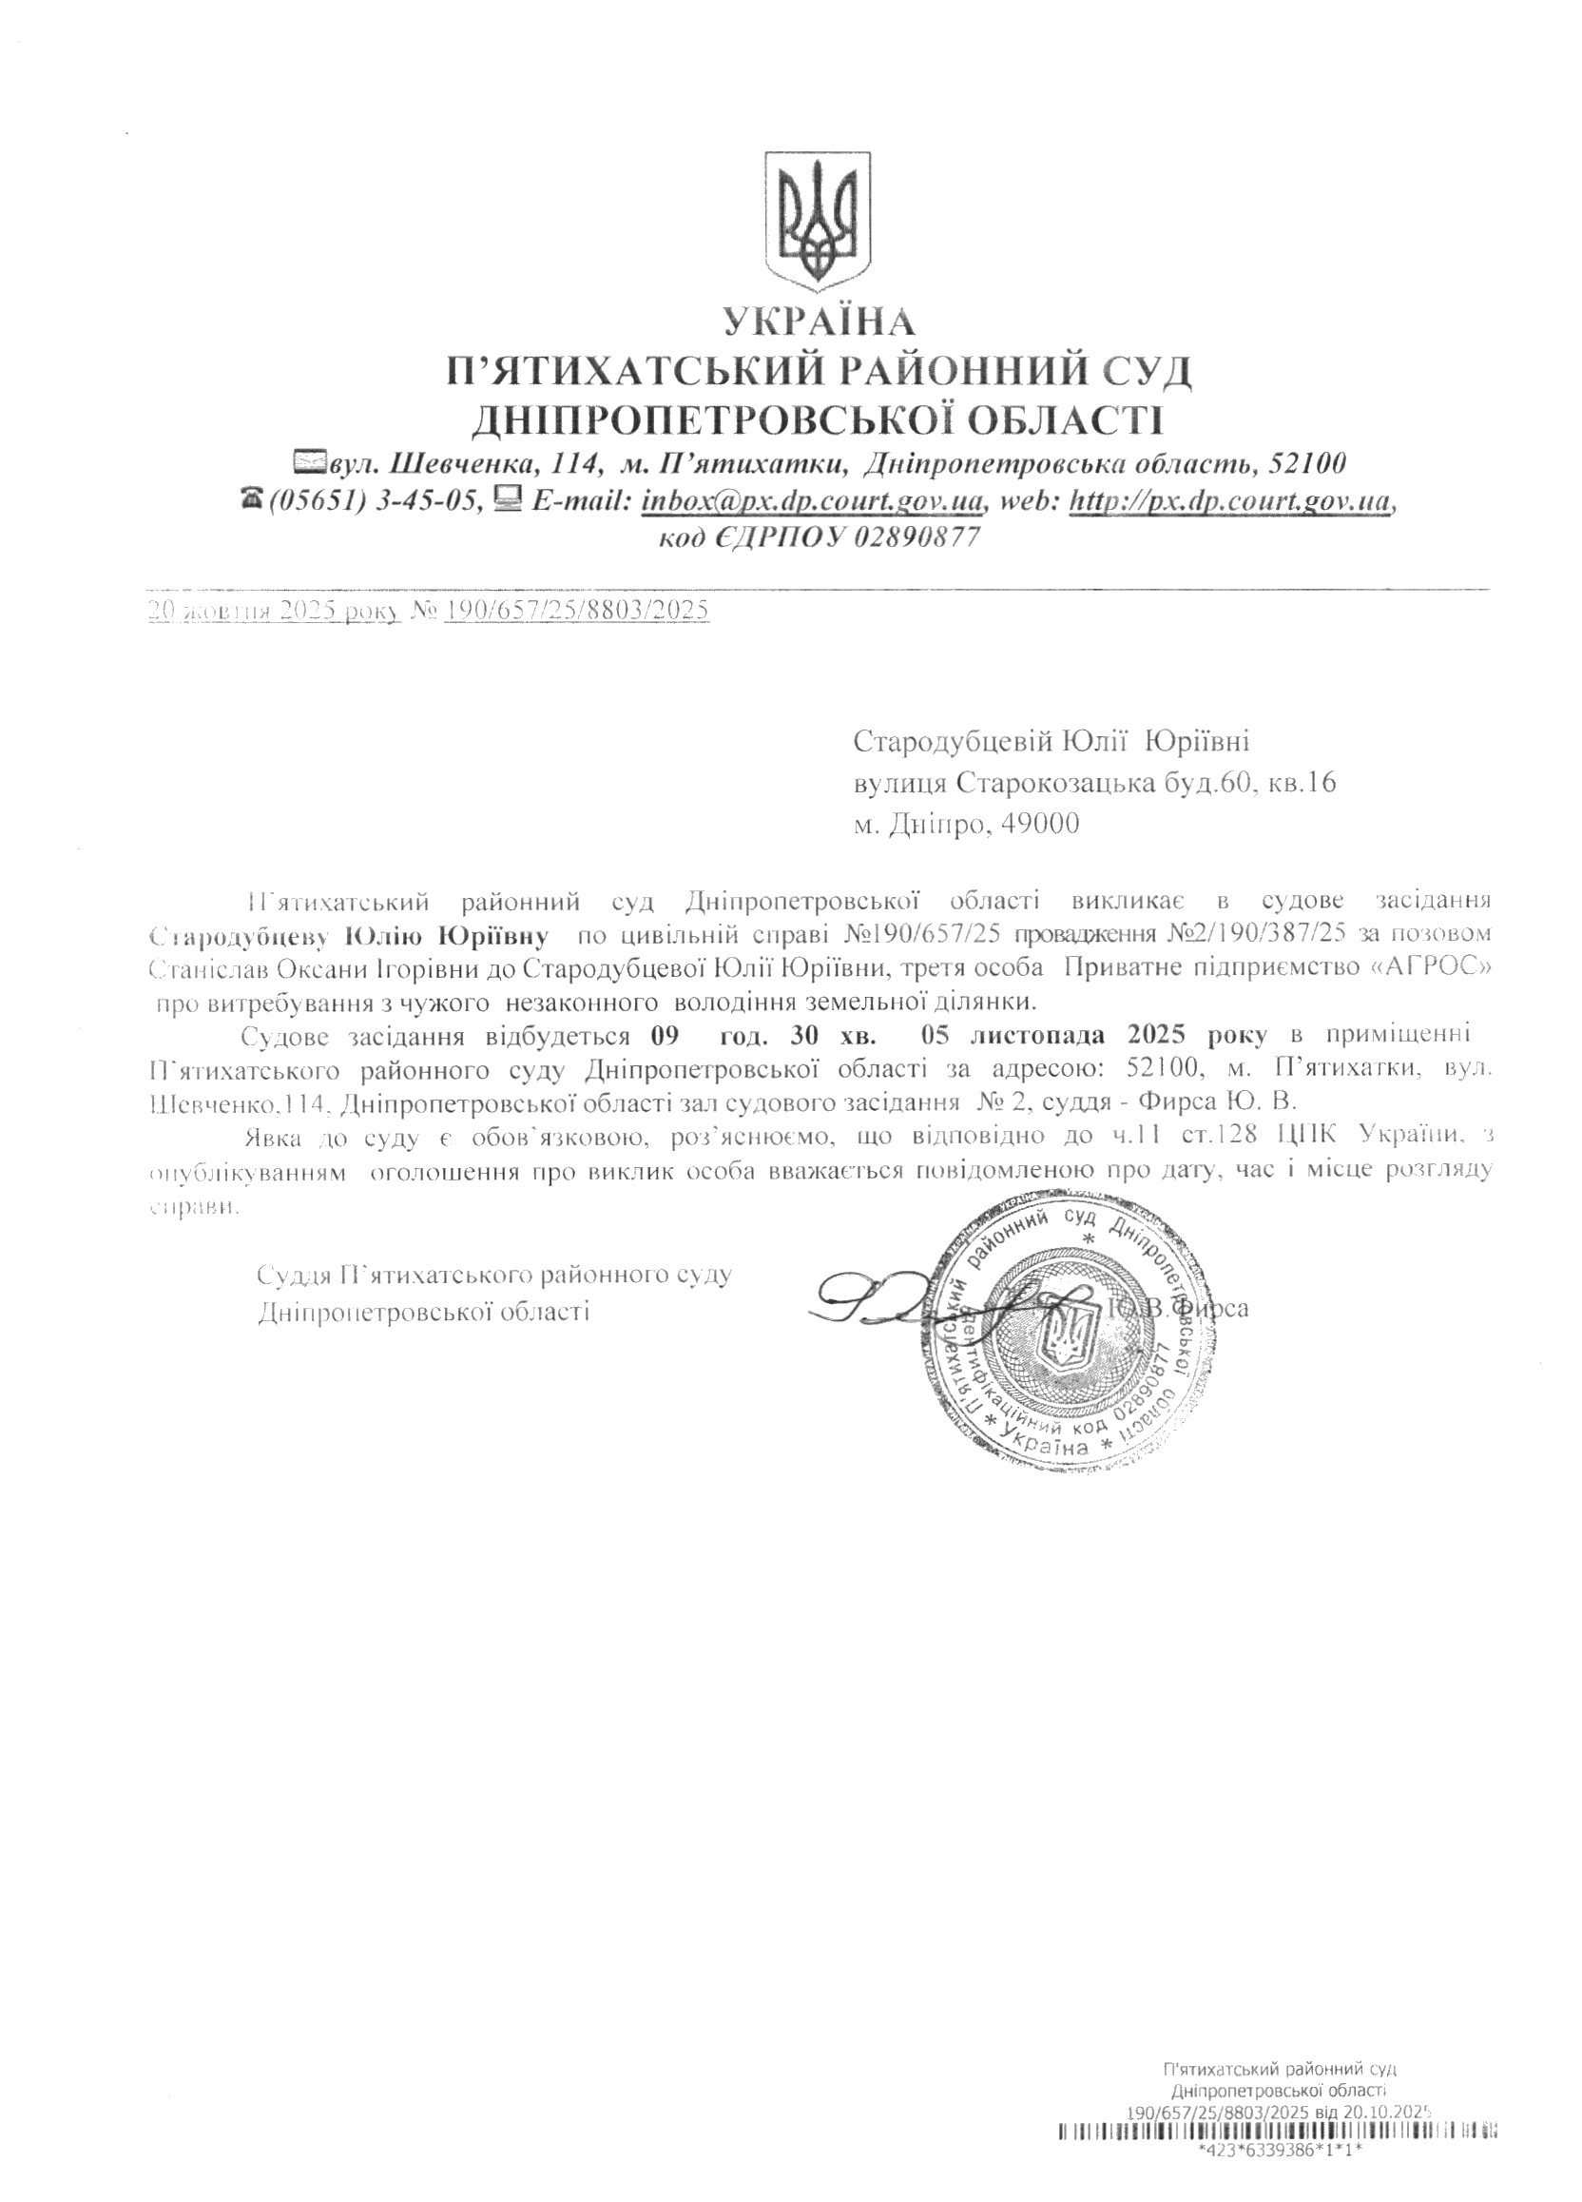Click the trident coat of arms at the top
tap(818, 221)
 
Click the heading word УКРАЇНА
tap(818, 322)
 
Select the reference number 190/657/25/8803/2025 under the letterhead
tap(575, 610)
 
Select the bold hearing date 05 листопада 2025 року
tap(1098, 1035)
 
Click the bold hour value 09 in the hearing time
tap(663, 1035)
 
